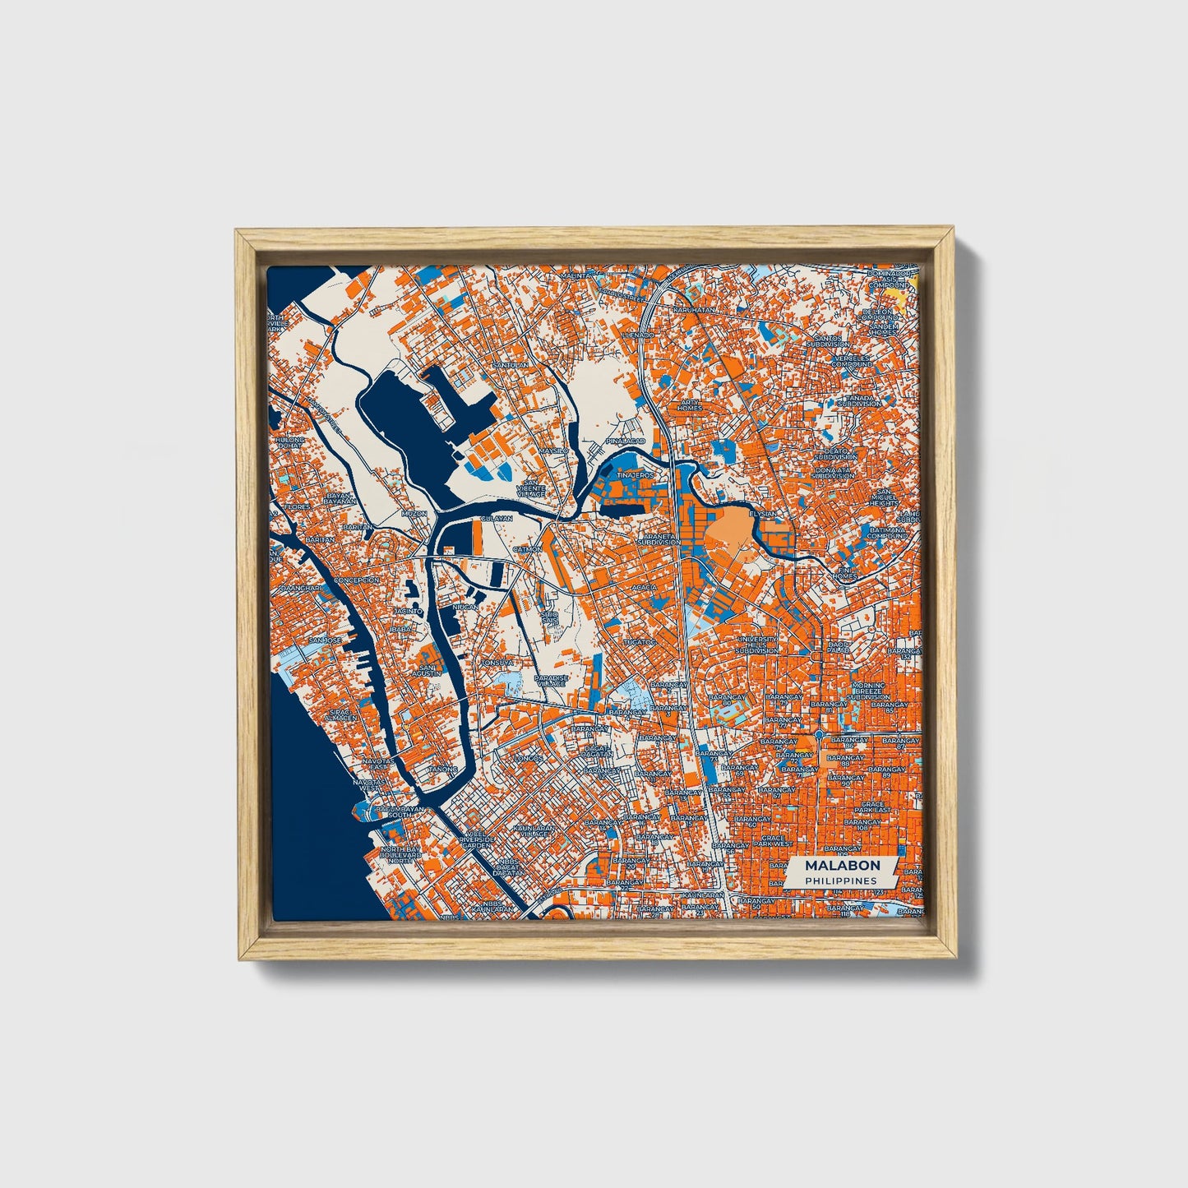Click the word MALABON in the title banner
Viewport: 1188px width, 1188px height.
click(x=842, y=865)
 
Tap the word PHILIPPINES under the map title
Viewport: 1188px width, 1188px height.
click(x=840, y=881)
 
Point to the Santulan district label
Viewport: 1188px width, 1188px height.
click(x=507, y=365)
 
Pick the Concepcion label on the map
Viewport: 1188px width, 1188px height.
click(x=356, y=580)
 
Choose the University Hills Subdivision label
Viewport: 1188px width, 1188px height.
click(x=756, y=645)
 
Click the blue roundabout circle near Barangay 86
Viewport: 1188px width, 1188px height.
click(x=820, y=733)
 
